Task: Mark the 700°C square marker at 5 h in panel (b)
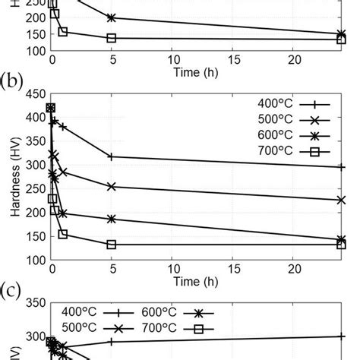(112, 245)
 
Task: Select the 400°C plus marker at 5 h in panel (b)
(112, 156)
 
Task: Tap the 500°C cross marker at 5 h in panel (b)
(112, 186)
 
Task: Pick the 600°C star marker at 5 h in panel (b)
(112, 219)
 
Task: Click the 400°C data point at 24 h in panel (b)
(341, 167)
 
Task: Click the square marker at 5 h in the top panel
(112, 38)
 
